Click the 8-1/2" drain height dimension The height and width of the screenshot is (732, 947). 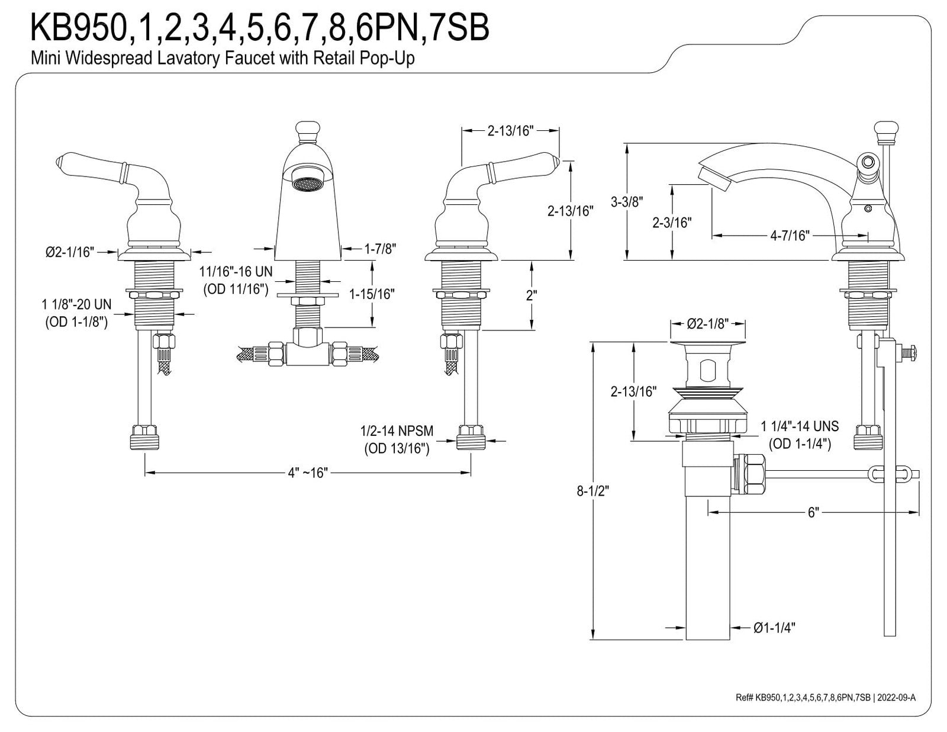tap(592, 491)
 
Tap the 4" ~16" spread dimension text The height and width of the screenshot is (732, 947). tap(308, 473)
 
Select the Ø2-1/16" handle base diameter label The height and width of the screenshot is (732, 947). tap(70, 252)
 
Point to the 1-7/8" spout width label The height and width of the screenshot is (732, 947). tap(380, 249)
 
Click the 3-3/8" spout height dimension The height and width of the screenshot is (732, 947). tap(627, 202)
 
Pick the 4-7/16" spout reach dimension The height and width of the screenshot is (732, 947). tap(790, 236)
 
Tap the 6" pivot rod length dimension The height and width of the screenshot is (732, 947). tap(814, 512)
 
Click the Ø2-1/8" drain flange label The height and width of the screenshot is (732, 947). tap(708, 323)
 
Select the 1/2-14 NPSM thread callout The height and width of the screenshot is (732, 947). tap(397, 439)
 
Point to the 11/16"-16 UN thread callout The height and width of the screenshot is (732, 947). tap(236, 280)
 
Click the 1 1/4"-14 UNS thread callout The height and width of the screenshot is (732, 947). tap(800, 435)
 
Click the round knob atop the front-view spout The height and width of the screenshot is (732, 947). tap(308, 130)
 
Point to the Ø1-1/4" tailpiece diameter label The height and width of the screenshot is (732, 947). tap(774, 628)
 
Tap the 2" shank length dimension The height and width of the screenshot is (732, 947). tap(532, 295)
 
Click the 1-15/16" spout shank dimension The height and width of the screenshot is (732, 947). tap(372, 294)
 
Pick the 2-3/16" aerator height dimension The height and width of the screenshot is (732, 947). tap(672, 223)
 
